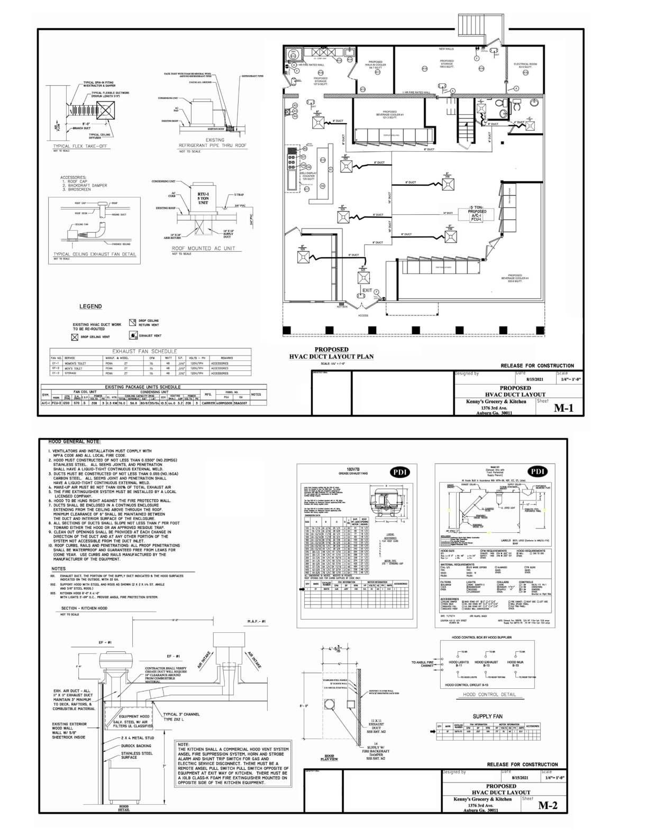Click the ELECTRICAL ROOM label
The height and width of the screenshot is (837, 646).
click(525, 66)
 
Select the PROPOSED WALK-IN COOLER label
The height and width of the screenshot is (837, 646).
click(375, 65)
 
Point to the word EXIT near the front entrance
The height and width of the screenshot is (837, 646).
click(367, 290)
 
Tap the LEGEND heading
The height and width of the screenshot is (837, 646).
click(90, 306)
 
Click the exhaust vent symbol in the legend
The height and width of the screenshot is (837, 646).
click(133, 336)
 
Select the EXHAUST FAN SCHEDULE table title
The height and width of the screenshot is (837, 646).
click(144, 351)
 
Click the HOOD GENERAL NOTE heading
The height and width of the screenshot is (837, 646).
click(75, 441)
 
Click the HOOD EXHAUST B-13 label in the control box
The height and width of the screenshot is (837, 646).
click(486, 663)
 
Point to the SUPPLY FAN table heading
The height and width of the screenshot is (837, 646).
click(487, 716)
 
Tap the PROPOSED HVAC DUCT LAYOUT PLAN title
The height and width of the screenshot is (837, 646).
click(331, 353)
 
